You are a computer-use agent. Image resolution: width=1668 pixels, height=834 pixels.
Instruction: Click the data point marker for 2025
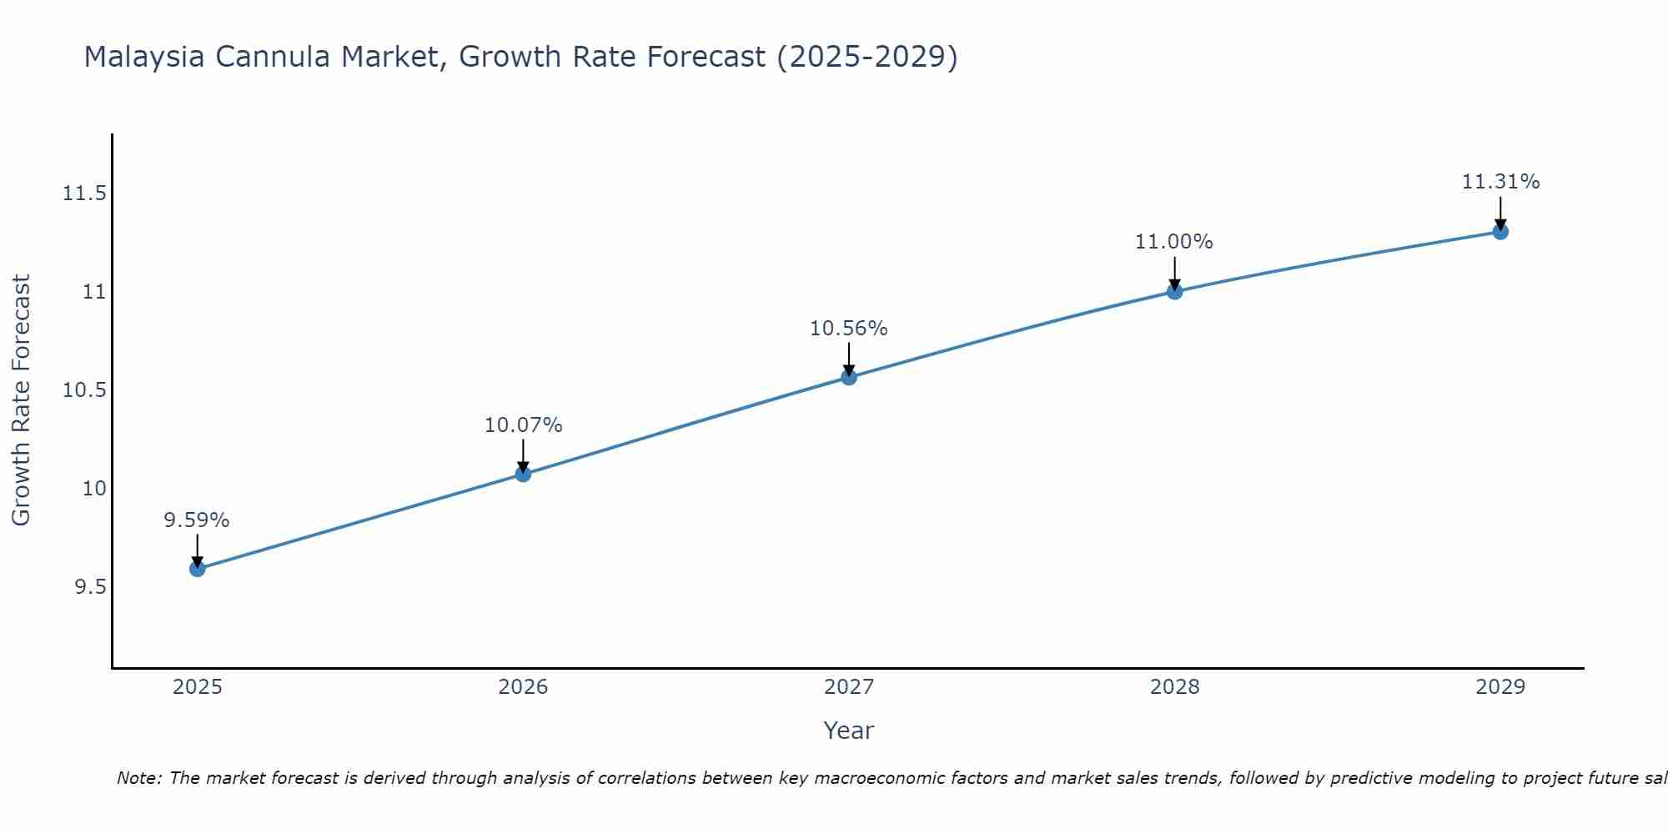point(198,569)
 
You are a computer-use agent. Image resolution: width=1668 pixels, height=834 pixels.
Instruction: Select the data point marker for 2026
point(523,474)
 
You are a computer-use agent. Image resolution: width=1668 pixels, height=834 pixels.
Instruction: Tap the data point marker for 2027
point(849,377)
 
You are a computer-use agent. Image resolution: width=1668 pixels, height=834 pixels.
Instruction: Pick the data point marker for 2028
point(1174,291)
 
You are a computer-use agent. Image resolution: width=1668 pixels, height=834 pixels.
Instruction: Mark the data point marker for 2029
point(1500,231)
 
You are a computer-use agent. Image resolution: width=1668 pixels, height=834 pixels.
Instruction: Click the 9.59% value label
point(196,520)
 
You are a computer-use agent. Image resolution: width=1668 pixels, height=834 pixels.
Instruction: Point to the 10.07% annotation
point(523,425)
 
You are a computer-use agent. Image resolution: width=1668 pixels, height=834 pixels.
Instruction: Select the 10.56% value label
point(848,329)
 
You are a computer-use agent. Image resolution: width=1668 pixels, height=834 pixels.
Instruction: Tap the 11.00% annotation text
point(1173,242)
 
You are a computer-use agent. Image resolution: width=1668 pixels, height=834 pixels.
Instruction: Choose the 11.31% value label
point(1500,182)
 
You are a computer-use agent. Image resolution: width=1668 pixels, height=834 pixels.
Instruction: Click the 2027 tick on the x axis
point(849,687)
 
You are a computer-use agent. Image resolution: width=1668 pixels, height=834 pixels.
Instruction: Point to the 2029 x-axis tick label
point(1500,687)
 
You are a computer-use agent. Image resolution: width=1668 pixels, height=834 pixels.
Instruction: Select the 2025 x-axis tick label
point(198,687)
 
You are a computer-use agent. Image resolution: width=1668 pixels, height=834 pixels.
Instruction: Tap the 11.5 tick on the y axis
point(84,193)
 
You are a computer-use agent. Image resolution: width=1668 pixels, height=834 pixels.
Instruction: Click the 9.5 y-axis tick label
point(90,587)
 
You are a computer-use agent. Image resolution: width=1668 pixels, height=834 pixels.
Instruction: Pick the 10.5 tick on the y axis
point(84,390)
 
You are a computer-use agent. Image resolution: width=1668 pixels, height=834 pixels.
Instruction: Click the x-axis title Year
point(848,731)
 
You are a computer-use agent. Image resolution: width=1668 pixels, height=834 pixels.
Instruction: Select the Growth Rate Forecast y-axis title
point(21,400)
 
